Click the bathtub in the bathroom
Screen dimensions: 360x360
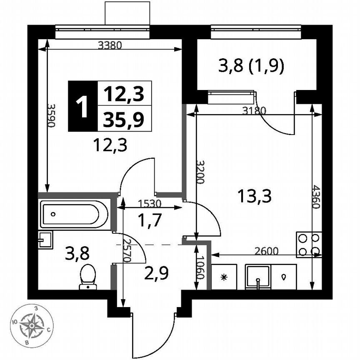point(75,214)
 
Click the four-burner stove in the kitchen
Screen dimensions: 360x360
point(309,244)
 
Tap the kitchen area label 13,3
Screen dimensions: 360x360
point(255,195)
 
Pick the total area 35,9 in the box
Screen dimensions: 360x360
point(124,120)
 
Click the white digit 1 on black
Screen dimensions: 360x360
point(82,107)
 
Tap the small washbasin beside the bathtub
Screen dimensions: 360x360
point(45,240)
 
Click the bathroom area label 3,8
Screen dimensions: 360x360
point(77,253)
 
